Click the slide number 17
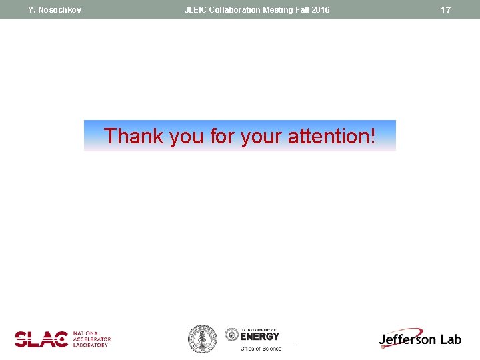446,10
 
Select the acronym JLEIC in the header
196,10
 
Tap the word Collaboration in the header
235,10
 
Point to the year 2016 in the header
320,10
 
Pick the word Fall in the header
302,10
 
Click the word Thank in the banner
134,136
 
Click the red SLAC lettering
41,339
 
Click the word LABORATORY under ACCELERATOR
91,345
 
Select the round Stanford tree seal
201,339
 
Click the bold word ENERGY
260,337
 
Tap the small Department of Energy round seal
232,335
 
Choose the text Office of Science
261,348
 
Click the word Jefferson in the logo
407,339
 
